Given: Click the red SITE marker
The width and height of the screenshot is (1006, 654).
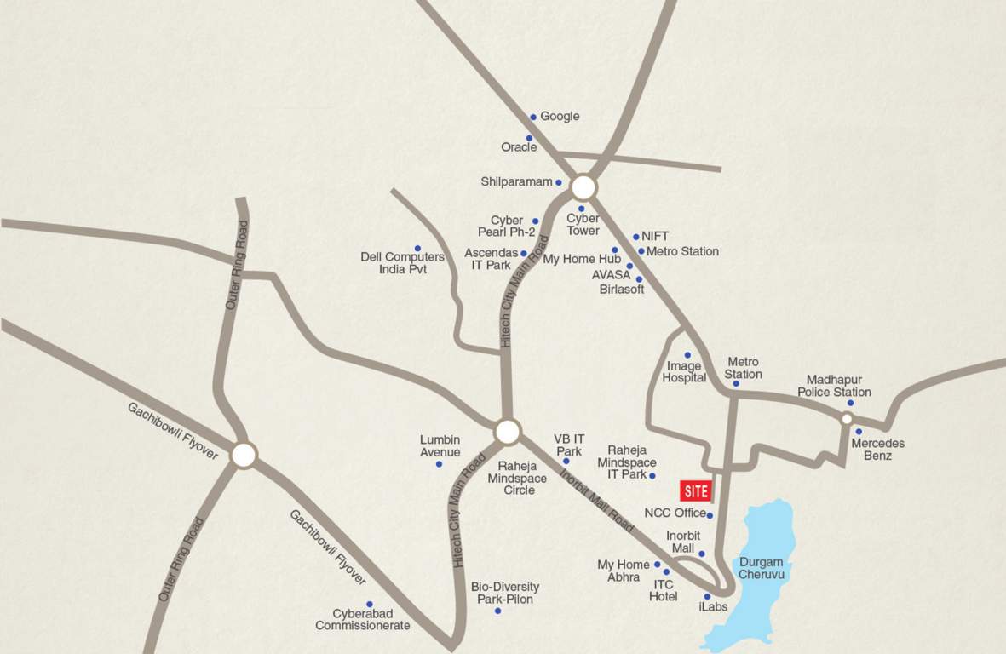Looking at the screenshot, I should coord(695,491).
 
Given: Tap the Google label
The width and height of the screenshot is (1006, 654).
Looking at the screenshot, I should coord(560,117).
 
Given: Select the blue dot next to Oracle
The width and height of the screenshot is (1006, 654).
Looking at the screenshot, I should coord(529,138).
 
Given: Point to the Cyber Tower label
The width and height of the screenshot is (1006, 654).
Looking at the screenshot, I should coord(583,225).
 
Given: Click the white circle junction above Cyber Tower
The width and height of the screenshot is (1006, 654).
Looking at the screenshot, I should coord(583,187).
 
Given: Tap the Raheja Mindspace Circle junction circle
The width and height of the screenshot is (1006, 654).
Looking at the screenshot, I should coord(508,433).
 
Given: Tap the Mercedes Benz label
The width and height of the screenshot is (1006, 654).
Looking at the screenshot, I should coord(878,450).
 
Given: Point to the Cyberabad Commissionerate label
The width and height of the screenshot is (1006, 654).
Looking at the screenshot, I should coord(363,620).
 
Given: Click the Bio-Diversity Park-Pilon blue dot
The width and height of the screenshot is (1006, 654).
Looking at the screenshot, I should coord(497,611).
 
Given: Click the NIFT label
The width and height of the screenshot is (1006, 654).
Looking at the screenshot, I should coord(655,237).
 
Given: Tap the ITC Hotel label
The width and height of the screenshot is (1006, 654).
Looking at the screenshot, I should coord(664,591).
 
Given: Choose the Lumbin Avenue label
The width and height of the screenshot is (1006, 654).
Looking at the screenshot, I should coord(440,446).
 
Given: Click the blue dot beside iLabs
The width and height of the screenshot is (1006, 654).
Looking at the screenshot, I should coord(707,596).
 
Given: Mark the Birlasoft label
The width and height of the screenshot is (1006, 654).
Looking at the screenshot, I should coord(622,290).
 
